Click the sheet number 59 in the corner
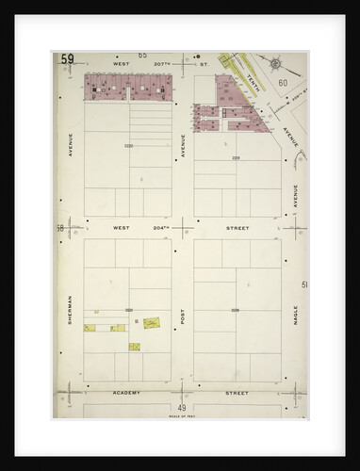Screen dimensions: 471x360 point(68,59)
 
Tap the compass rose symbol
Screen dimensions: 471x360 point(276,64)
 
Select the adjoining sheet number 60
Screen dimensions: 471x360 point(283,84)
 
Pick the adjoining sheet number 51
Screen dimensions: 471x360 point(303,284)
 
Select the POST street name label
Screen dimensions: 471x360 point(183,317)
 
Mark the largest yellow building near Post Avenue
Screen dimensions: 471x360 point(152,322)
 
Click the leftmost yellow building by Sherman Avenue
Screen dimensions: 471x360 point(90,328)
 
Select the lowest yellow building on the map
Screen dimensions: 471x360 point(135,346)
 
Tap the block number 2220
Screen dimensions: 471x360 point(128,145)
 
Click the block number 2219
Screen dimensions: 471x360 point(237,157)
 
